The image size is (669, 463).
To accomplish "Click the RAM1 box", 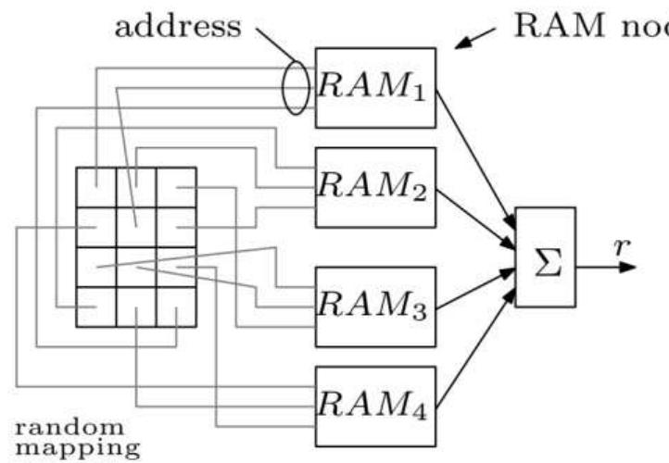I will click(x=375, y=87).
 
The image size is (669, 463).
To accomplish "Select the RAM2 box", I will click(x=375, y=187).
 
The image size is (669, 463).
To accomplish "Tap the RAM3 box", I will click(x=375, y=307).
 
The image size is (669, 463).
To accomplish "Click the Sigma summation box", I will click(x=545, y=257).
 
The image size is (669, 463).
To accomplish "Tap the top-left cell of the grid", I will click(x=95, y=187).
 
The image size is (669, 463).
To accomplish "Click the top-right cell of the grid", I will click(x=176, y=187).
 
